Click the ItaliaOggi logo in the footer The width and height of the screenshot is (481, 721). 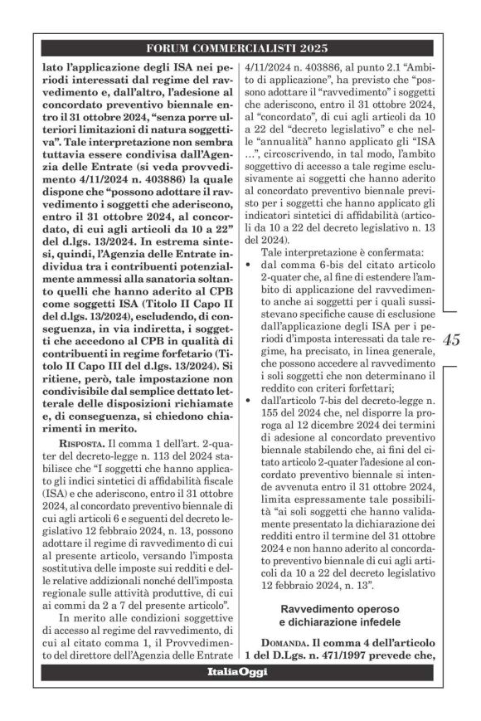point(237,672)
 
